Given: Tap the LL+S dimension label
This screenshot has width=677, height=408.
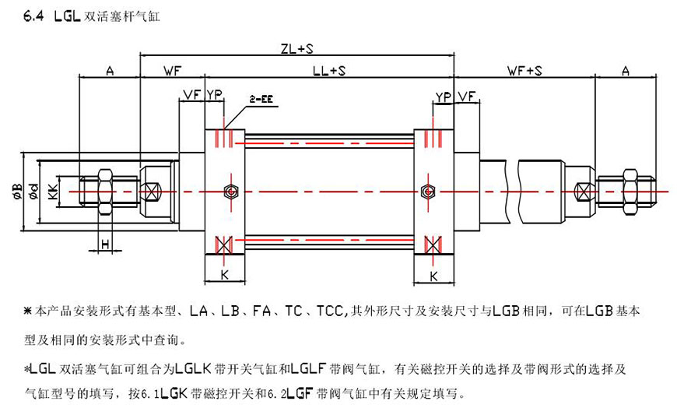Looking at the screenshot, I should (x=329, y=71).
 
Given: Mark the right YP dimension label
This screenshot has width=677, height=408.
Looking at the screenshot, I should (x=444, y=96).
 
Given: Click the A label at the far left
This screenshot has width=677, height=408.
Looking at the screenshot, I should (x=110, y=71).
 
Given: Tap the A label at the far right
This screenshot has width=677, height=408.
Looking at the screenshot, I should (x=626, y=71).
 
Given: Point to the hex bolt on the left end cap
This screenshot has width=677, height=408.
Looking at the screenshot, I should (x=227, y=191).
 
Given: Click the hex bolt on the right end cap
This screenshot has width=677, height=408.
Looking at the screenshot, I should (x=426, y=191).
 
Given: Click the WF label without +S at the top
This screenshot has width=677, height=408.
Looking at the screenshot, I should (x=172, y=71).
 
